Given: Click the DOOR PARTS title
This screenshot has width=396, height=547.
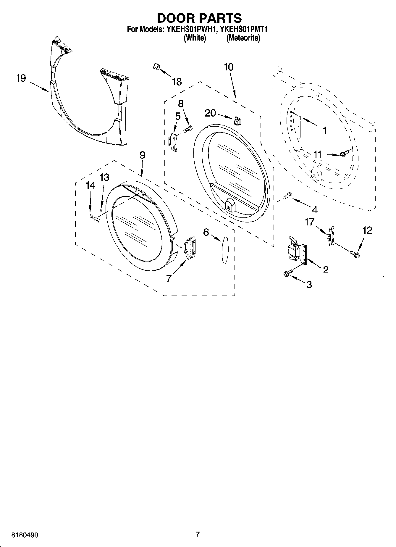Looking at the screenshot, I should [x=199, y=18].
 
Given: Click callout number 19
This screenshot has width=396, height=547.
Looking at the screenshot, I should [x=21, y=79].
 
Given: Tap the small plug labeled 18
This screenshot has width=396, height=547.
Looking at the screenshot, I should [x=156, y=67].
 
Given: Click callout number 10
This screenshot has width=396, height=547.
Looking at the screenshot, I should [x=229, y=67].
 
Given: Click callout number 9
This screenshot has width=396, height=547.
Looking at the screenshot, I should [x=142, y=155].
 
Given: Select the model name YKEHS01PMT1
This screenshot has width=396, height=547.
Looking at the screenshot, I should [x=244, y=30].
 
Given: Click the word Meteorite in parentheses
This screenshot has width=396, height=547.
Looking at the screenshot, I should [x=243, y=38].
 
